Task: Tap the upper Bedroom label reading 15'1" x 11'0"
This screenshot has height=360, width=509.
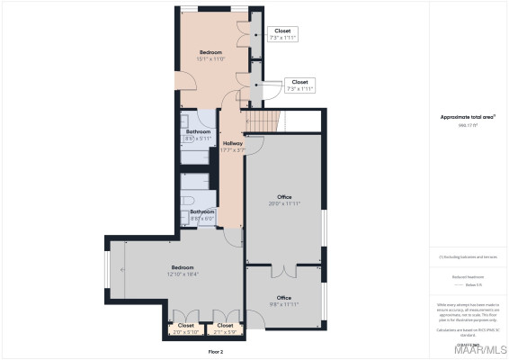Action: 211,56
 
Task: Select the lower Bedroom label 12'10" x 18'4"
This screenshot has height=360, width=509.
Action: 183,270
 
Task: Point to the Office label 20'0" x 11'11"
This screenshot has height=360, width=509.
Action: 284,200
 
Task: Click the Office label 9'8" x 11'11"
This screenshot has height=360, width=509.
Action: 284,301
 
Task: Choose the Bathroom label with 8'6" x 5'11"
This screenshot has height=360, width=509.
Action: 199,135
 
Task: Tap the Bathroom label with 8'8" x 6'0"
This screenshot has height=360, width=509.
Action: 202,215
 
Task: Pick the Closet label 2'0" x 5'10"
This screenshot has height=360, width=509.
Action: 185,328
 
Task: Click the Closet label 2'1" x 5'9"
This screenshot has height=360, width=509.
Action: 225,328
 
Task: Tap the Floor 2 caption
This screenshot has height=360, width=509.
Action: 216,351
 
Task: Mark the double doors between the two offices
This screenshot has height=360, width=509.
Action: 284,269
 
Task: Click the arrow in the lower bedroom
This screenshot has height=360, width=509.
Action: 127,243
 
